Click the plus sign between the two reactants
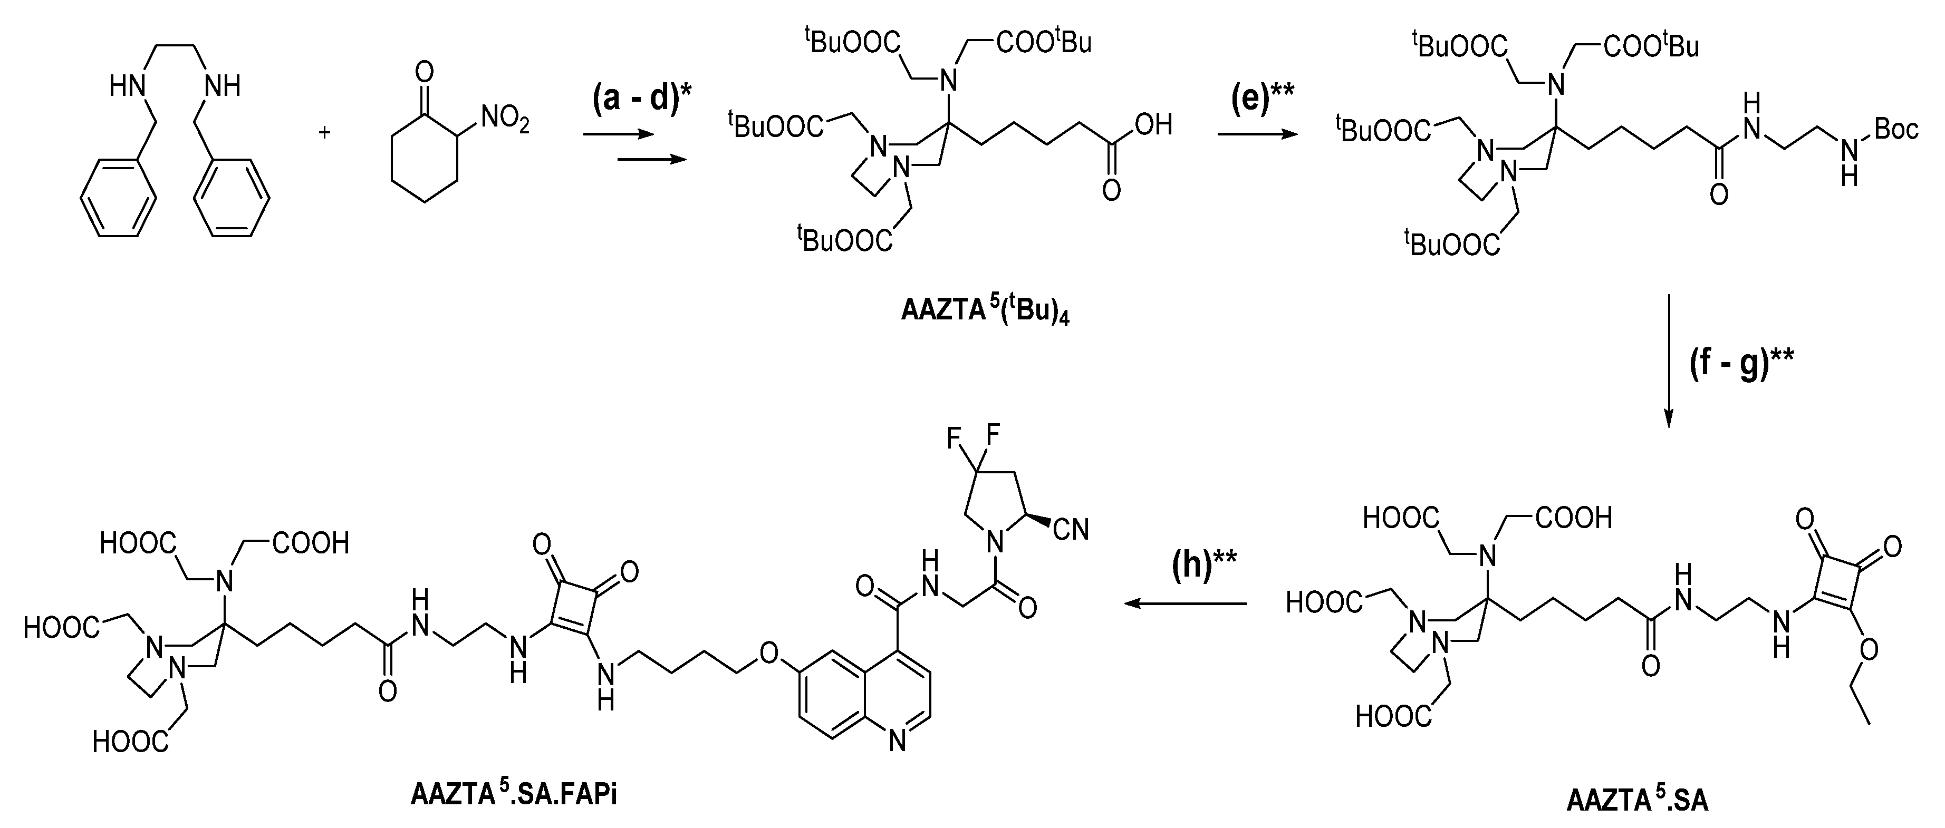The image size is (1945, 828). click(325, 133)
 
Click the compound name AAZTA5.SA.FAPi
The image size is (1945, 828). click(514, 795)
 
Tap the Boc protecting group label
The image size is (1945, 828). click(1895, 129)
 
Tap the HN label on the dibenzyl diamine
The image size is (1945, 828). click(126, 87)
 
